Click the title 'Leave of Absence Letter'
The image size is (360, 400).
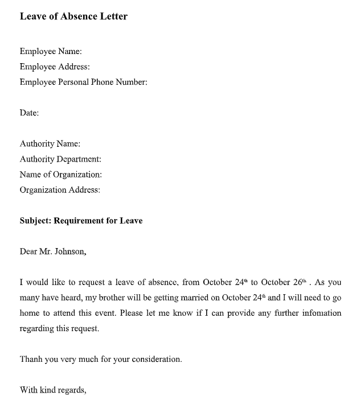pyautogui.click(x=73, y=17)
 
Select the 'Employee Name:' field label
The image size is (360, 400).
pyautogui.click(x=51, y=51)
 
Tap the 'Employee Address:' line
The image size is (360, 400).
pyautogui.click(x=55, y=67)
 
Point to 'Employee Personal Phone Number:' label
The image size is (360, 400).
pyautogui.click(x=83, y=82)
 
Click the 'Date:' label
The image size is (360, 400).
pyautogui.click(x=29, y=113)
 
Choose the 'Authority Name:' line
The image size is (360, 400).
pyautogui.click(x=50, y=143)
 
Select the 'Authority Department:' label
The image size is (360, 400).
pyautogui.click(x=60, y=159)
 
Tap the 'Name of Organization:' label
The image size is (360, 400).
pyautogui.click(x=61, y=175)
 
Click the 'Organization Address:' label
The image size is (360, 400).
pyautogui.click(x=60, y=190)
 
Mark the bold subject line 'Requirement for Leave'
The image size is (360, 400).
pyautogui.click(x=98, y=221)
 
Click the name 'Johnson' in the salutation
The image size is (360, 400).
pyautogui.click(x=70, y=251)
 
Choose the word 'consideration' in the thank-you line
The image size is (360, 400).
pyautogui.click(x=157, y=360)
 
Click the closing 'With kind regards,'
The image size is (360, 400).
pyautogui.click(x=53, y=390)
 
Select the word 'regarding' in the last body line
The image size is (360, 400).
pyautogui.click(x=36, y=328)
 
